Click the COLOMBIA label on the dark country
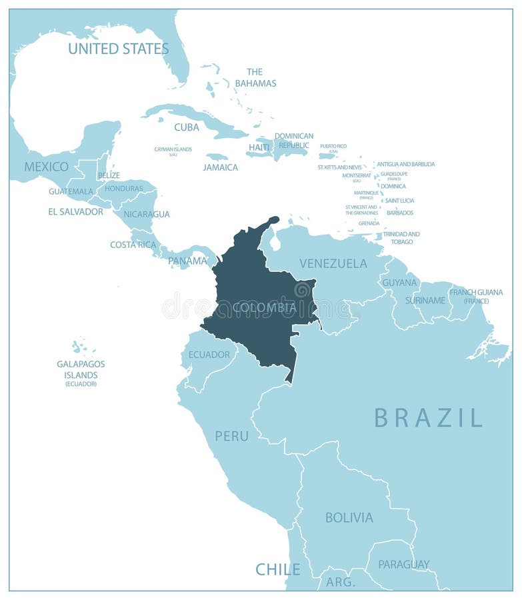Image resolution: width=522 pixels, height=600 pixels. pyautogui.click(x=264, y=307)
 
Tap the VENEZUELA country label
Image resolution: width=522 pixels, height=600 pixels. pyautogui.click(x=333, y=263)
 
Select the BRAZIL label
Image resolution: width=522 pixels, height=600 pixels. pyautogui.click(x=428, y=417)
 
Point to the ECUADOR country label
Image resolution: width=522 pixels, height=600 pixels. pyautogui.click(x=209, y=354)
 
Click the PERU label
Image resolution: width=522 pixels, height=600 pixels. pyautogui.click(x=231, y=436)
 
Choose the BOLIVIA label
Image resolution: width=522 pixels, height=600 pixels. pyautogui.click(x=349, y=517)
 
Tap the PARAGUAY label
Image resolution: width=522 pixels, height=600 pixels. pyautogui.click(x=403, y=564)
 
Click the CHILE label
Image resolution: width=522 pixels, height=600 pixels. pyautogui.click(x=277, y=569)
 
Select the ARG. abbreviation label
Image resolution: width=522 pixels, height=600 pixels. pyautogui.click(x=340, y=582)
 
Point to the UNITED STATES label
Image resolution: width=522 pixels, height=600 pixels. pyautogui.click(x=118, y=49)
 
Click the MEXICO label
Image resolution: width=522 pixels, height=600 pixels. pyautogui.click(x=46, y=167)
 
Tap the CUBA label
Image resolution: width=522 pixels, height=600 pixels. pyautogui.click(x=187, y=127)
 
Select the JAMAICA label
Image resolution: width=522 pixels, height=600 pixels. pyautogui.click(x=220, y=167)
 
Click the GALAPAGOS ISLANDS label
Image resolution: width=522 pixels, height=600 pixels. pyautogui.click(x=81, y=369)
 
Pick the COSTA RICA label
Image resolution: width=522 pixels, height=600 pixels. pyautogui.click(x=133, y=245)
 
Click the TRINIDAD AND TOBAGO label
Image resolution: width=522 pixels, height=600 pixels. pyautogui.click(x=401, y=238)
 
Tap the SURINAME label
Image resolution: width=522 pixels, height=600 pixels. pyautogui.click(x=425, y=300)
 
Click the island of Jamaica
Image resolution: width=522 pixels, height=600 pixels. pyautogui.click(x=217, y=157)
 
